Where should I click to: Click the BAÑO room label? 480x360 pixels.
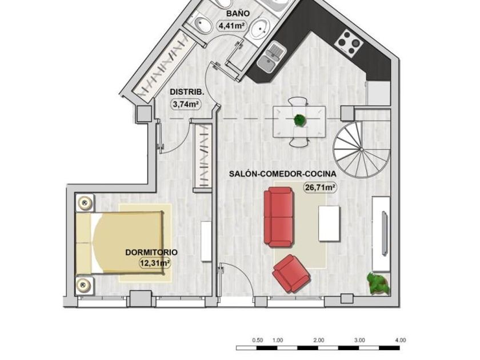(x=238, y=14)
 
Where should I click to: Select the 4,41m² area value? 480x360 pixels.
(x=232, y=25)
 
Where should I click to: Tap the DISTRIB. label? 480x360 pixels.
(x=187, y=92)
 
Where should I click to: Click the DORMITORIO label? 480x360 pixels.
(x=151, y=252)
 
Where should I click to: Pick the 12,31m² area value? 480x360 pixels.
(x=155, y=263)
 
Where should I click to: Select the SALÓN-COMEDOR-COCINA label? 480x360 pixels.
(x=282, y=174)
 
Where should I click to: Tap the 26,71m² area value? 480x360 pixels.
(x=320, y=187)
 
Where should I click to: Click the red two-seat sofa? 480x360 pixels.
(x=279, y=217)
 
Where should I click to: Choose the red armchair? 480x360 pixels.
(x=291, y=273)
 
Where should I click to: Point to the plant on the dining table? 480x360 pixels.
(x=299, y=121)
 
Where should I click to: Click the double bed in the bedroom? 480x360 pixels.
(x=119, y=242)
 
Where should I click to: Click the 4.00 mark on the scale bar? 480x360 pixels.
(x=401, y=340)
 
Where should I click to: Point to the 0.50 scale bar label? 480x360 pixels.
(x=258, y=340)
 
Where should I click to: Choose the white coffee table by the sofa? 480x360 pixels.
(x=329, y=224)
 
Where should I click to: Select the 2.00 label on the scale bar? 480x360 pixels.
(x=318, y=340)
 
